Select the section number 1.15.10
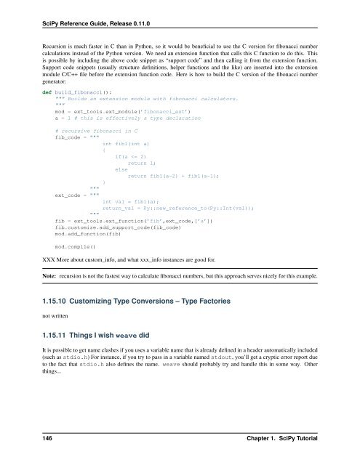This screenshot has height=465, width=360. point(41,320)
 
